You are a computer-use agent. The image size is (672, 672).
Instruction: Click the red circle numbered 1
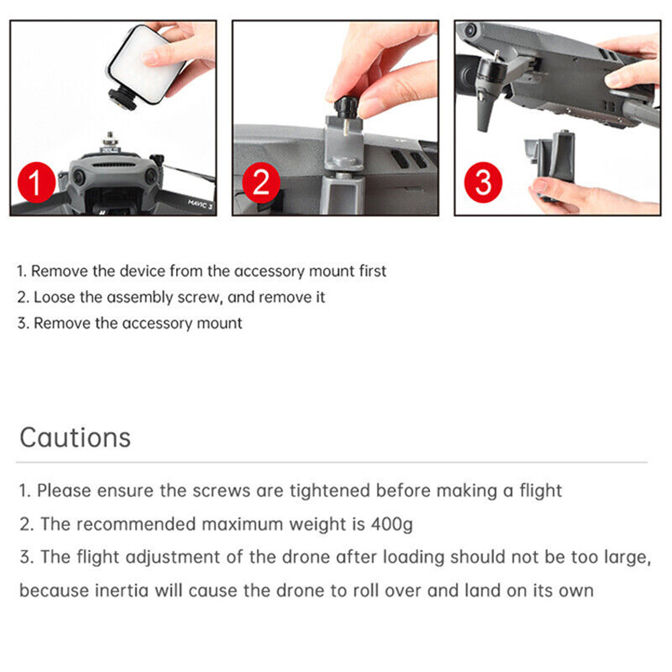(36, 182)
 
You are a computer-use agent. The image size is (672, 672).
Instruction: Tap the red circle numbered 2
(261, 182)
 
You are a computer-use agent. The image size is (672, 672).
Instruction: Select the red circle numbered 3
(483, 182)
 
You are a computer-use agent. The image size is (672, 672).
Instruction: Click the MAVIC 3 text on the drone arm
(200, 204)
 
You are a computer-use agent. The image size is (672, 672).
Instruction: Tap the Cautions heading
(75, 437)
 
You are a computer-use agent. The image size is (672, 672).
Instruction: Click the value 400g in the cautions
(392, 524)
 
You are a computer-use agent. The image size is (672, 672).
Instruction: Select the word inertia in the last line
(121, 591)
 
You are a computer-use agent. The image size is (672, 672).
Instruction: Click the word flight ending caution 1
(540, 491)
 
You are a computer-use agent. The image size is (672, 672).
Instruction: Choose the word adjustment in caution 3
(173, 558)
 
